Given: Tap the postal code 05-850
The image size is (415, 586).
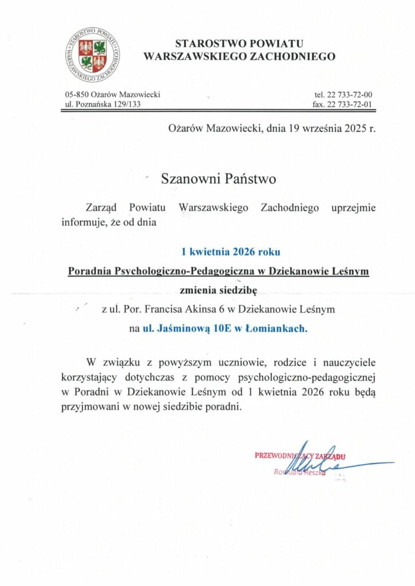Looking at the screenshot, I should (x=77, y=94).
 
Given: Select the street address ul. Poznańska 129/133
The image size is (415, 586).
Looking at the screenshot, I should (x=103, y=104).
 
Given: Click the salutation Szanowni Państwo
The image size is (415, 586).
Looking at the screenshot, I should (x=219, y=179).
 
